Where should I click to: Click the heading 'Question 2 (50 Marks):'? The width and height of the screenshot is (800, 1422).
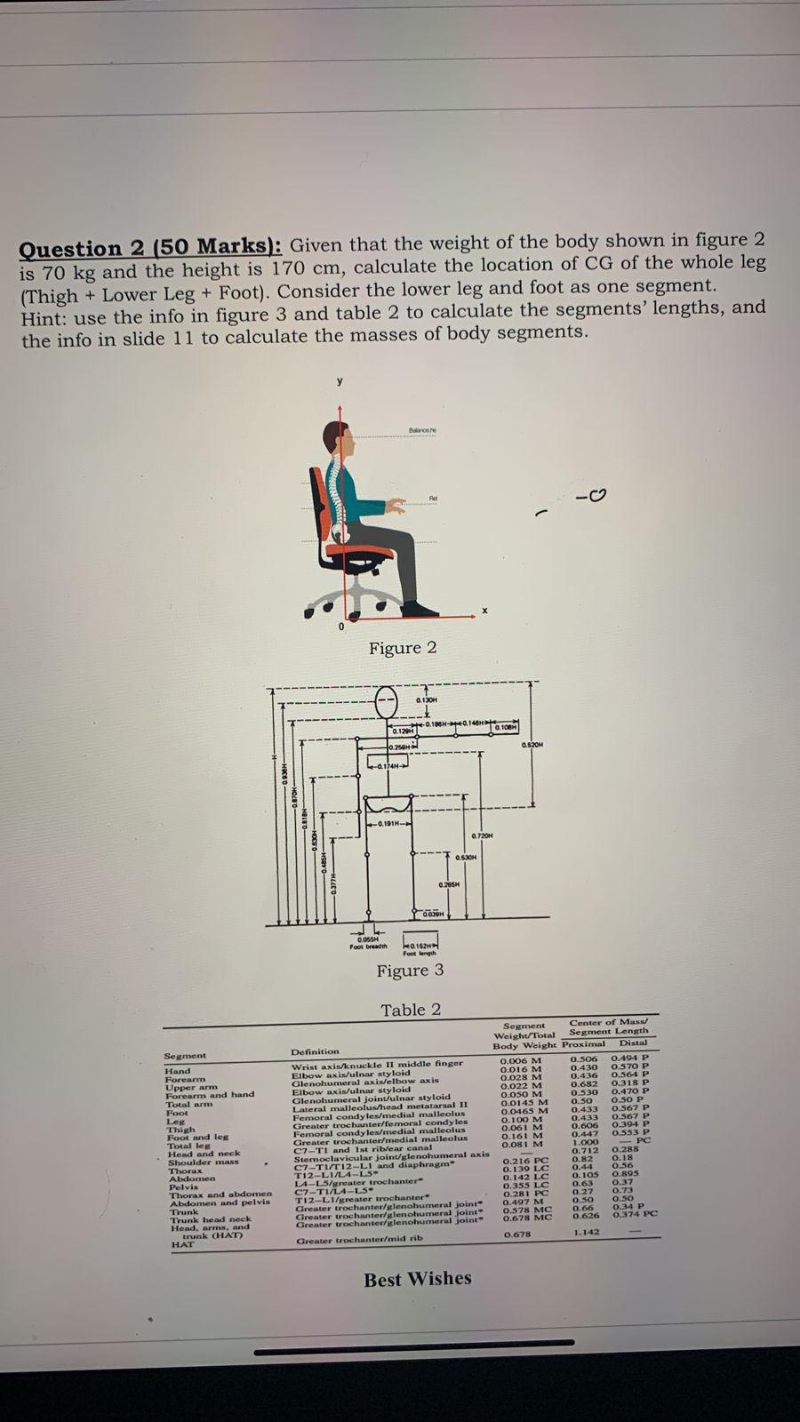tap(151, 248)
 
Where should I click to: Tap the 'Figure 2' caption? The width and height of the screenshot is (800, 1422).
tap(403, 648)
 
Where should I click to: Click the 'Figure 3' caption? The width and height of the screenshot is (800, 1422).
tap(410, 971)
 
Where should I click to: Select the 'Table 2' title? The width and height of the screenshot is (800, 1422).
tap(411, 1010)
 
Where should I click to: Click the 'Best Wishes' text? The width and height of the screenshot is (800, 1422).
tap(418, 1279)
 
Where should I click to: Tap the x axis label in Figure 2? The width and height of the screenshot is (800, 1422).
tap(484, 611)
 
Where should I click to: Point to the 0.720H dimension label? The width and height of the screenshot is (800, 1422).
tap(482, 836)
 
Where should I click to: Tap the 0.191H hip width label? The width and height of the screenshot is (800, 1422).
tap(388, 824)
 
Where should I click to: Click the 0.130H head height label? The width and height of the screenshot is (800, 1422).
tap(427, 702)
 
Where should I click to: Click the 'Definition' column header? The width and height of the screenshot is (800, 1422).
tap(315, 1051)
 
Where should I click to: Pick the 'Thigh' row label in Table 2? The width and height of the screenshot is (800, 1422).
tap(180, 1130)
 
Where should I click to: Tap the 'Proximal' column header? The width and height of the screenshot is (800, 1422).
tap(584, 1044)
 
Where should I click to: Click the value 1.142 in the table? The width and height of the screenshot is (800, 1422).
tap(586, 1233)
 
